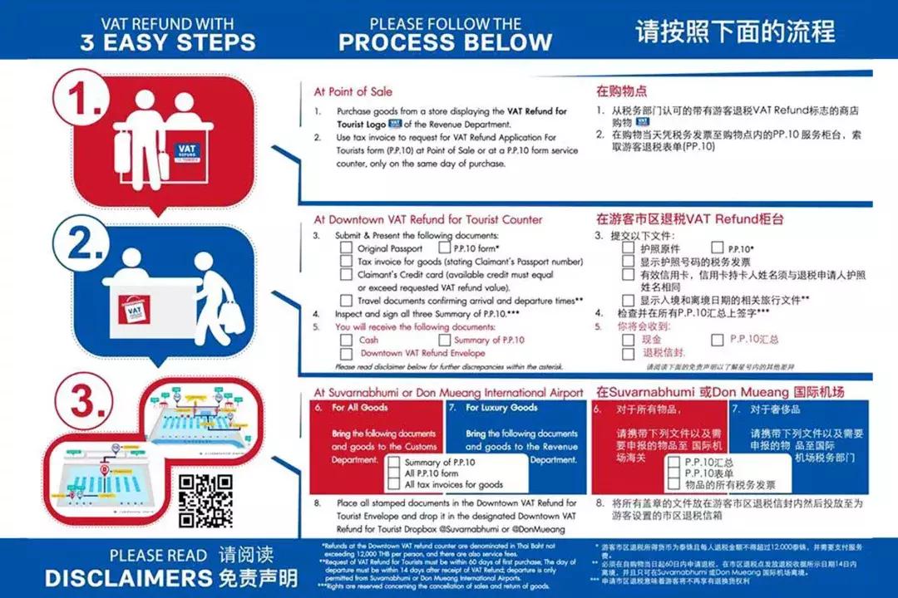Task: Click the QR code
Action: point(205,501)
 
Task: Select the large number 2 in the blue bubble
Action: point(90,244)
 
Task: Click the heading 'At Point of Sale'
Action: point(353,91)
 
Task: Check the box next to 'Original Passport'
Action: point(347,248)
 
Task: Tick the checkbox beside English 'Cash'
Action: point(347,341)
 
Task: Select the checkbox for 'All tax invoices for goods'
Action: point(394,484)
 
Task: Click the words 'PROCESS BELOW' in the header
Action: point(446,42)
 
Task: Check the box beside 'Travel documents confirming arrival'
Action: point(347,300)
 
